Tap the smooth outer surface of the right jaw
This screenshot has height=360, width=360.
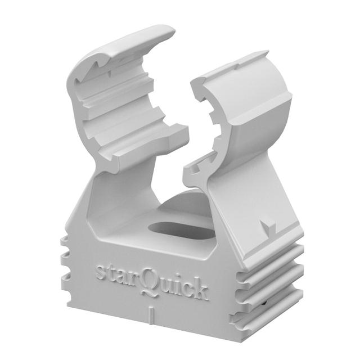[x=264, y=107]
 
